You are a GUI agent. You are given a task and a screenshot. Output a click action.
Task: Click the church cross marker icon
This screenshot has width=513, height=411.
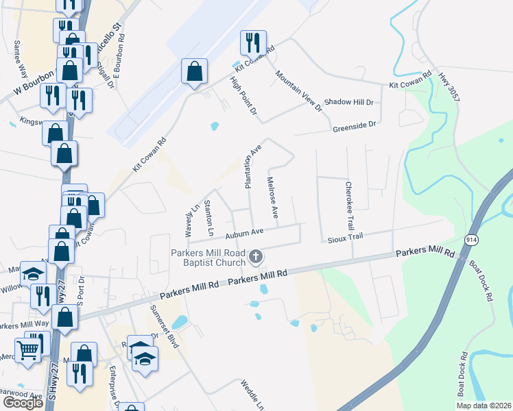click(256, 258)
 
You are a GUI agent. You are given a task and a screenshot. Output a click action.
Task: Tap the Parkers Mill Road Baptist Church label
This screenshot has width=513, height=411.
click(208, 258)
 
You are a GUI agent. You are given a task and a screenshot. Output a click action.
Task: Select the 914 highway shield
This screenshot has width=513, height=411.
click(473, 240)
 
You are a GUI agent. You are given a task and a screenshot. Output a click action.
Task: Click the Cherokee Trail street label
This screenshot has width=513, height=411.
click(350, 206)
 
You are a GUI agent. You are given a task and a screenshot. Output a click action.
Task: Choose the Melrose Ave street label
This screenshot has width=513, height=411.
click(272, 197)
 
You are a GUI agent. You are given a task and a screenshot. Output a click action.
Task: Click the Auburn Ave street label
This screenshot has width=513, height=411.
click(243, 234)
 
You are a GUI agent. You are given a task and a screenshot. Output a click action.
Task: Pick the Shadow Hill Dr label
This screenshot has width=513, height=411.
click(348, 102)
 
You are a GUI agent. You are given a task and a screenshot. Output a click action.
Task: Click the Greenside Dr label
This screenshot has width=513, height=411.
click(355, 125)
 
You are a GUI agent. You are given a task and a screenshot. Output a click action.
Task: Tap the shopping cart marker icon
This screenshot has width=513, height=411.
click(27, 350)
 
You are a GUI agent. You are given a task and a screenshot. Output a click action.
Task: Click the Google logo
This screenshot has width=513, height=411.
click(23, 403)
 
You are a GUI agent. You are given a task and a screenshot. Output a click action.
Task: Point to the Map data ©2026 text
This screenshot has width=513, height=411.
click(483, 406)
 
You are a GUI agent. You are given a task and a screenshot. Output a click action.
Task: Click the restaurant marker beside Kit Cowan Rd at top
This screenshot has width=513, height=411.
click(252, 42)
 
